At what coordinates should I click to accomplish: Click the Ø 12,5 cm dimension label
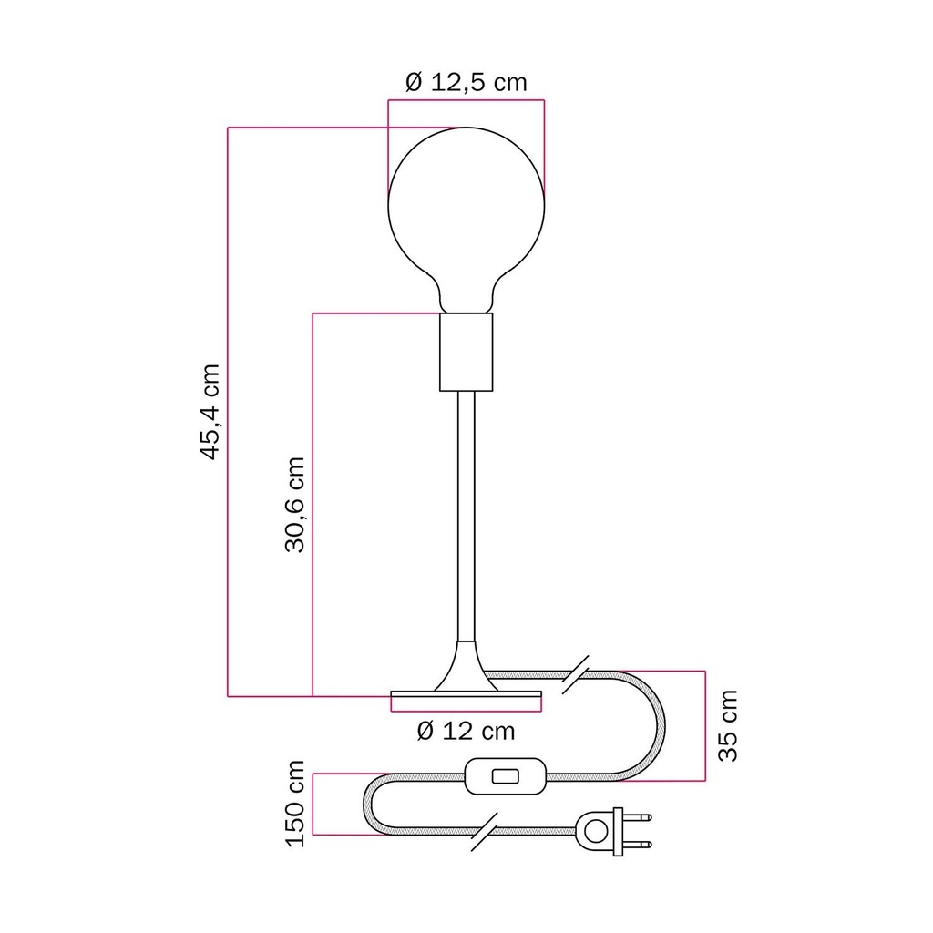pyautogui.click(x=466, y=82)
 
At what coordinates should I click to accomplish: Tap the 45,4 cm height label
pyautogui.click(x=210, y=412)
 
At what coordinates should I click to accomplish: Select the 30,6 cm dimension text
pyautogui.click(x=295, y=505)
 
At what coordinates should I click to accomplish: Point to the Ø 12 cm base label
pyautogui.click(x=466, y=731)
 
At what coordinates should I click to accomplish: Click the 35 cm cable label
pyautogui.click(x=728, y=726)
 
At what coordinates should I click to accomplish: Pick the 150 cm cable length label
pyautogui.click(x=296, y=804)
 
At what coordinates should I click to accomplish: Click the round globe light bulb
pyautogui.click(x=466, y=220)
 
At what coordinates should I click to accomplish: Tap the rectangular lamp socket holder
pyautogui.click(x=466, y=353)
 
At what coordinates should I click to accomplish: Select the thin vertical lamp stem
pyautogui.click(x=466, y=516)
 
